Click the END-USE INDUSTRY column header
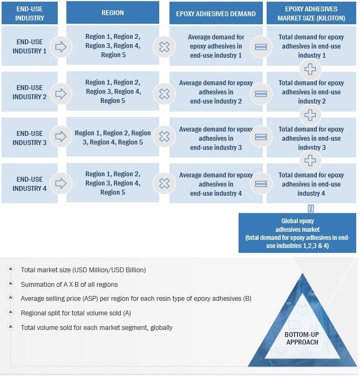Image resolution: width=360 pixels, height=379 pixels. pos(30,12)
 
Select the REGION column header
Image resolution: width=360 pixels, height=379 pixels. pos(112,12)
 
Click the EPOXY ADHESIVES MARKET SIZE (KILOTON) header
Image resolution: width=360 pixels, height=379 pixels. pos(311,12)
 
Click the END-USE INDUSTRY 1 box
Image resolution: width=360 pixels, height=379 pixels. pos(30,47)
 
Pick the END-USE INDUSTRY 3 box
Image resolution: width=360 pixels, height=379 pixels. pos(30,138)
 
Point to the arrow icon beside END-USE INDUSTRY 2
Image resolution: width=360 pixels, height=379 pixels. pos(61,93)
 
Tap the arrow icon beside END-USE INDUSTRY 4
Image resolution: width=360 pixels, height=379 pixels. pos(61,184)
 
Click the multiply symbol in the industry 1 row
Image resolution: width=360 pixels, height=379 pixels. pos(164,47)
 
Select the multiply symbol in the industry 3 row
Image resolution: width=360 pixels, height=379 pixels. pos(164,138)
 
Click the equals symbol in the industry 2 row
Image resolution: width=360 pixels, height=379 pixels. pos(261,93)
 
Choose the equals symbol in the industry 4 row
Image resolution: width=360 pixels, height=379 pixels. pos(261,184)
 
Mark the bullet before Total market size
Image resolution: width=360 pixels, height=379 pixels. pos(11,269)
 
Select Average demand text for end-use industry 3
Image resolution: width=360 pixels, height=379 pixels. pos(215,138)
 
